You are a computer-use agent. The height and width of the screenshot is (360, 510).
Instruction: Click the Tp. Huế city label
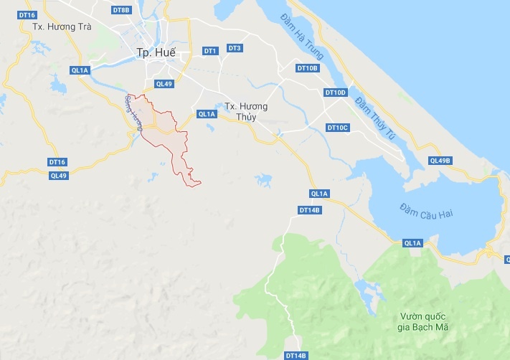tap(156, 52)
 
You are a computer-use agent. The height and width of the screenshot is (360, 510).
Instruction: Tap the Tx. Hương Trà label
tap(62, 27)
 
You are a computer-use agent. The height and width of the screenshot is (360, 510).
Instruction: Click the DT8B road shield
tap(122, 10)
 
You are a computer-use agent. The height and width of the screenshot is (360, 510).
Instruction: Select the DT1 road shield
tap(210, 51)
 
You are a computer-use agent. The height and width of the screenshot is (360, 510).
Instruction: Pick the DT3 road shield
tap(235, 48)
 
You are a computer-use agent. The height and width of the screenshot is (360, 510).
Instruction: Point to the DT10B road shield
tap(307, 68)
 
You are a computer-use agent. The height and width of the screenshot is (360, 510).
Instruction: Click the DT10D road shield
tap(336, 93)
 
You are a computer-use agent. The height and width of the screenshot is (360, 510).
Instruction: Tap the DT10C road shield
tap(337, 128)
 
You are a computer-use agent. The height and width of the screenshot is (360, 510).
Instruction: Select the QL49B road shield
tap(440, 160)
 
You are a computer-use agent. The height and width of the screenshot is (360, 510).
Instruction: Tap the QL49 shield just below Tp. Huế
tap(164, 84)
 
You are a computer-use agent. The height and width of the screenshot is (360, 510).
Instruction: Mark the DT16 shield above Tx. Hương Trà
tap(28, 14)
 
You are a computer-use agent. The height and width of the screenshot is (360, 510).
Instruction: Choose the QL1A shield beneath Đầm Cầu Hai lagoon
tap(413, 243)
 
